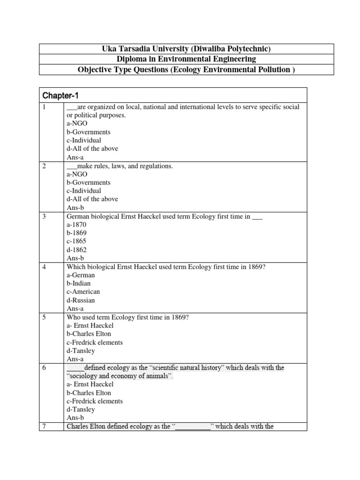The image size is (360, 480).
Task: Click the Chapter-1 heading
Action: [x=61, y=96]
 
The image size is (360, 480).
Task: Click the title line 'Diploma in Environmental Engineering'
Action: [x=186, y=59]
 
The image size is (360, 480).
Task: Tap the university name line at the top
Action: [x=186, y=49]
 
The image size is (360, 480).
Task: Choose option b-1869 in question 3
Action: [x=77, y=233]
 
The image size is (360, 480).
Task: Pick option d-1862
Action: [x=77, y=250]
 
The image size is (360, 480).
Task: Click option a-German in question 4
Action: [x=81, y=275]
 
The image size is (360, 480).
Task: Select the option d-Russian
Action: [x=81, y=300]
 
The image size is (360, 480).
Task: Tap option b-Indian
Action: [x=79, y=284]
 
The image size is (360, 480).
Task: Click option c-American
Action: [x=83, y=292]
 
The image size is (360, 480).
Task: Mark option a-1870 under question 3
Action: [x=77, y=225]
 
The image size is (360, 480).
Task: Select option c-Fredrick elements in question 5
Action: [x=95, y=342]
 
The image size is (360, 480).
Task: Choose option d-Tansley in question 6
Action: [x=81, y=410]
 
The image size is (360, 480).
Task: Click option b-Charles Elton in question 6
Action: [x=89, y=393]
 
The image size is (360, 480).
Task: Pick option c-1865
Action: [x=77, y=241]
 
